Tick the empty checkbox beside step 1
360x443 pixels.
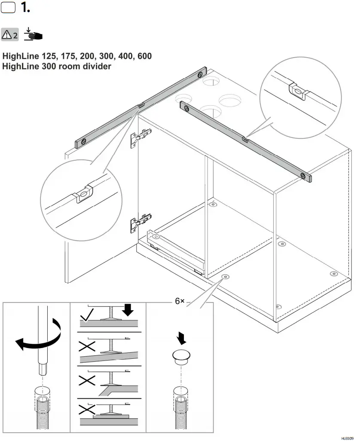[x=8, y=8]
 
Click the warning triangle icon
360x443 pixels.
[x=7, y=35]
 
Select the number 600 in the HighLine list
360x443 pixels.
[x=144, y=56]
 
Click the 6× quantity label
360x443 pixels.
[x=180, y=301]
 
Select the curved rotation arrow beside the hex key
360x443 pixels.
[x=38, y=342]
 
